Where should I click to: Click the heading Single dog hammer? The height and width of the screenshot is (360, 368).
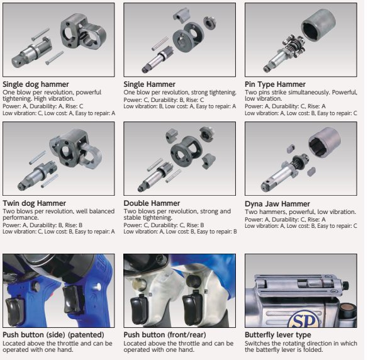pos(36,84)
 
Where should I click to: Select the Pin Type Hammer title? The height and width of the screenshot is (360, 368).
pos(275,84)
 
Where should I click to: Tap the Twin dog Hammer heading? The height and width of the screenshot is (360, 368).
pos(34,203)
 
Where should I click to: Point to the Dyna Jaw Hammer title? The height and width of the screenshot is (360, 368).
pos(277,204)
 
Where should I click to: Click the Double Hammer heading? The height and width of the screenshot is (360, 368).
pos(152,203)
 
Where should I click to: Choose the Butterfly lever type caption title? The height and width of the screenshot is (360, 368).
pos(278,335)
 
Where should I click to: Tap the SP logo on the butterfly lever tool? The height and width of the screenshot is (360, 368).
pos(304,320)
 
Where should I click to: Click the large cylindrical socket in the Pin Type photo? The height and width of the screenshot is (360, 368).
pos(318,25)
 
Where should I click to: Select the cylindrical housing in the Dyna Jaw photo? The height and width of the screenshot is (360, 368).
pos(325,142)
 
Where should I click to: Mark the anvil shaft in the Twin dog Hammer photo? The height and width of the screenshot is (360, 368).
pos(37,176)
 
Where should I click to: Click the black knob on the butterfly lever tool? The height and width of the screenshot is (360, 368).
pos(345,286)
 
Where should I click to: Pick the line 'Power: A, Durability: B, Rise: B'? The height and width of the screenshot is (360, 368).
pos(43,225)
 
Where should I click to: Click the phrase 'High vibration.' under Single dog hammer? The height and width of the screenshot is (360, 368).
pos(54,99)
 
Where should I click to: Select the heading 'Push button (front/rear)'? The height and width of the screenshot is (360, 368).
pos(165,335)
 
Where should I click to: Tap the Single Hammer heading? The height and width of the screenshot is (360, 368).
pos(150,84)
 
